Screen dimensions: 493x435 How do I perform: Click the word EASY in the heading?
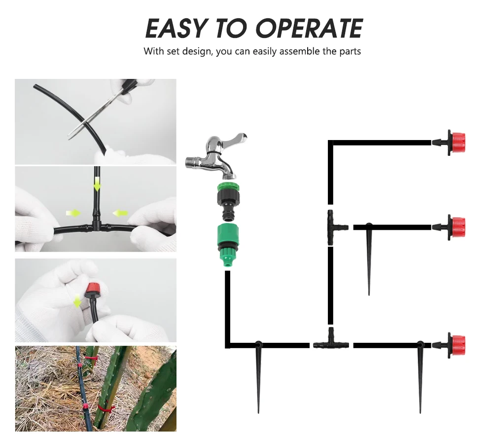(x=176, y=28)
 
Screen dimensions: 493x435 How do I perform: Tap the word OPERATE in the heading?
(x=310, y=28)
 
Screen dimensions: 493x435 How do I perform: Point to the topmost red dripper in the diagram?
(x=449, y=143)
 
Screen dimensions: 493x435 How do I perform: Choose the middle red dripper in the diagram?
(x=449, y=227)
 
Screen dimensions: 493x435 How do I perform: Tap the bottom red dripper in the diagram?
(x=449, y=345)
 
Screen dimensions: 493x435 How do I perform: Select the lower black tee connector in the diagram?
(x=331, y=343)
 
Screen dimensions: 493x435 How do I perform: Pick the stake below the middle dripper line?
(x=369, y=258)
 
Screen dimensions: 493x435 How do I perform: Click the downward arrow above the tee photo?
(x=97, y=184)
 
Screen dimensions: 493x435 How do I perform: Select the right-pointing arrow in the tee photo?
(x=73, y=213)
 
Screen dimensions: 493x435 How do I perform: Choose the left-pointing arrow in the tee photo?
(x=120, y=213)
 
